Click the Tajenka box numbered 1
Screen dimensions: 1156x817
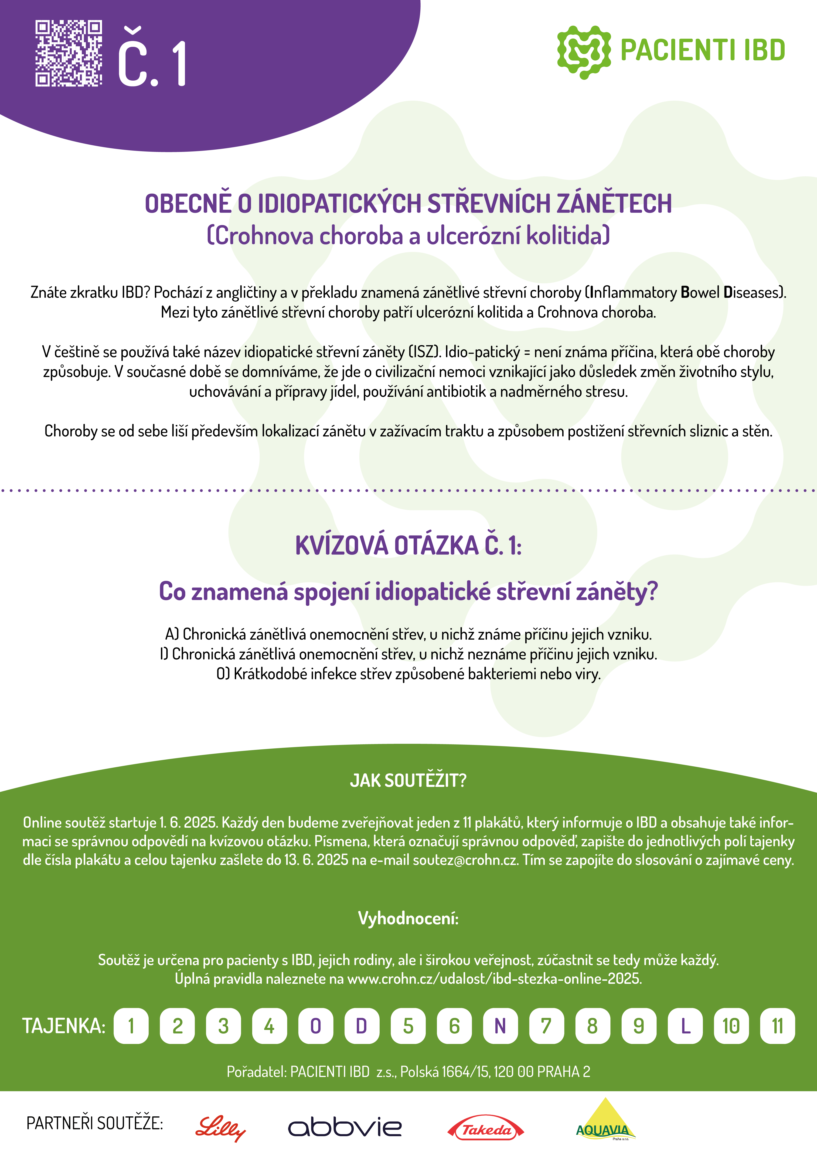click(131, 1026)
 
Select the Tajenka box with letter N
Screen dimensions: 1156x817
click(500, 1026)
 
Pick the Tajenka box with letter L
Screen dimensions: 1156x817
click(685, 1026)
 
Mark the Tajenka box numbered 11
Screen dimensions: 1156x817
click(777, 1026)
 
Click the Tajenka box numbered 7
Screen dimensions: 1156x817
click(546, 1026)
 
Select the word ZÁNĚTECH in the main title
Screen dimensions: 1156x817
click(614, 203)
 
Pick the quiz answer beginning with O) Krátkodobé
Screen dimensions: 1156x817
click(408, 674)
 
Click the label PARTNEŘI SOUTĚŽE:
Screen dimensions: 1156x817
click(95, 1123)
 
